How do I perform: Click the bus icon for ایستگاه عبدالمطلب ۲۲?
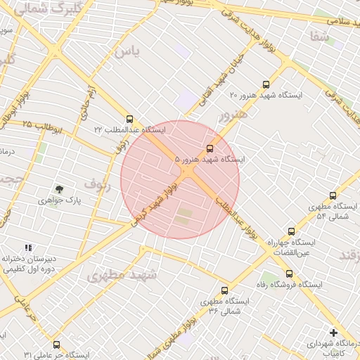pos(129,119)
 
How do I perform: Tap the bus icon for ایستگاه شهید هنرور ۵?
pos(210,148)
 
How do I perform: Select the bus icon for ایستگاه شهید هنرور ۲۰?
pos(265,84)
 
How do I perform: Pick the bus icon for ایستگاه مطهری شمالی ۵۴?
pos(333,195)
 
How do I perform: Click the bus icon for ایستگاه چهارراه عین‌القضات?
pos(291,231)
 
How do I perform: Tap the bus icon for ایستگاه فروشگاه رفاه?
pos(289,274)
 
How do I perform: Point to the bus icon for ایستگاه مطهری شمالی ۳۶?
pos(224,290)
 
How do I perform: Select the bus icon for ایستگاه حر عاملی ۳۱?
pos(56,345)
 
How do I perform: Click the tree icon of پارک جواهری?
pos(59,189)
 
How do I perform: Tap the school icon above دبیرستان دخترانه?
pos(28,247)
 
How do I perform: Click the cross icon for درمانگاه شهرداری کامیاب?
pos(333,332)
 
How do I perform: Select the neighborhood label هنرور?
pos(233,114)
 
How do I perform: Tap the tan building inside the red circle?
pos(184,216)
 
